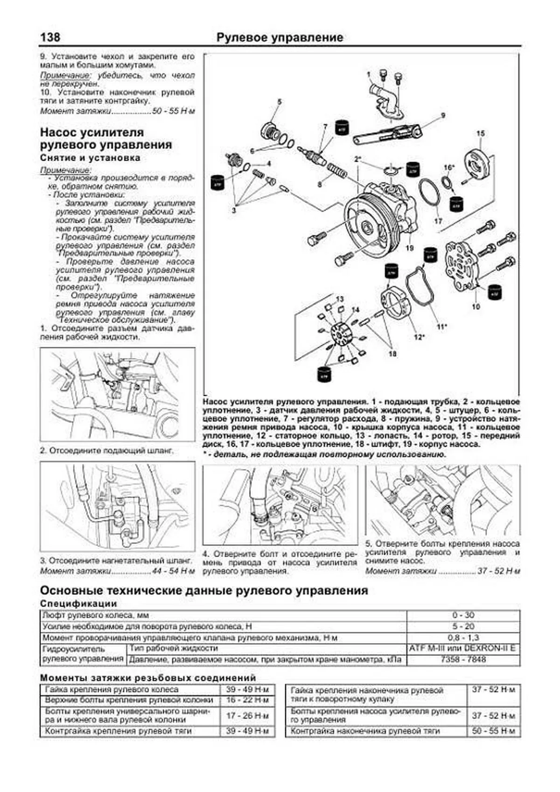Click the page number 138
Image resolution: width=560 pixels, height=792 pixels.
tap(50, 37)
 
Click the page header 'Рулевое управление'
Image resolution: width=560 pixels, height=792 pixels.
tap(280, 37)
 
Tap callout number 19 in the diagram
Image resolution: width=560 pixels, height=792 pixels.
tap(409, 248)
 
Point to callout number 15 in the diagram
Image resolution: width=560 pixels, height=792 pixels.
tap(480, 133)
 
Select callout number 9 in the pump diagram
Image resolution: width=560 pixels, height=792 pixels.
tap(443, 115)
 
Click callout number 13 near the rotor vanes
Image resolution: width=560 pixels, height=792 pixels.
tap(339, 299)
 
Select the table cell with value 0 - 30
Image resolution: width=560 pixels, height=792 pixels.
tap(463, 615)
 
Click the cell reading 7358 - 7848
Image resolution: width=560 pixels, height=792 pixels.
tap(463, 659)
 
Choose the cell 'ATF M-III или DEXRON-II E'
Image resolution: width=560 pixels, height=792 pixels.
tap(463, 648)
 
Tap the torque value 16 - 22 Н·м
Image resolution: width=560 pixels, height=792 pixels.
tap(247, 700)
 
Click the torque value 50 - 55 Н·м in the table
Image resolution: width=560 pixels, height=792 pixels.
tap(493, 731)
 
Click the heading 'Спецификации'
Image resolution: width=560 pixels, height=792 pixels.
tap(78, 603)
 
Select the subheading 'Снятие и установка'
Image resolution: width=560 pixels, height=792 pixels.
tap(90, 158)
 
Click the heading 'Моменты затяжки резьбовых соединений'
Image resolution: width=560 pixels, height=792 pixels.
tap(148, 677)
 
